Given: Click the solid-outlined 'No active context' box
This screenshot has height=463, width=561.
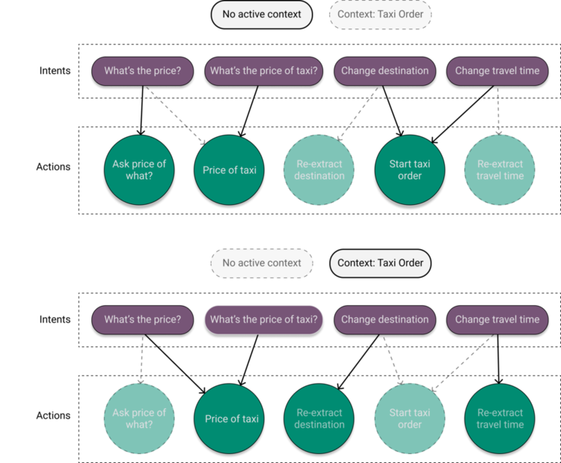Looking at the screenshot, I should tap(261, 14).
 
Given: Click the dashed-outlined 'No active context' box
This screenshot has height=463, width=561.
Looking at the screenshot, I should tap(262, 263).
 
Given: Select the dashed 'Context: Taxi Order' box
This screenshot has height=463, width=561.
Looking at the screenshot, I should tap(381, 14).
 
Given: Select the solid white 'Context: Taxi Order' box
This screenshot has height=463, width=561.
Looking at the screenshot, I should tap(381, 263).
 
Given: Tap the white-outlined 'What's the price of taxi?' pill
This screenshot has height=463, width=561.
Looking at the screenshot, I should tap(264, 319).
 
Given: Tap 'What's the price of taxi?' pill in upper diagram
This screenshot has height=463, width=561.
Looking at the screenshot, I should tap(264, 71).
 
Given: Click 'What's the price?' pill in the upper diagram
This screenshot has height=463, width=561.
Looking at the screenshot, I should tap(142, 71).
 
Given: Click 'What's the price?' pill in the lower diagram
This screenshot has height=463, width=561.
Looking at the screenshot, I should tap(142, 319).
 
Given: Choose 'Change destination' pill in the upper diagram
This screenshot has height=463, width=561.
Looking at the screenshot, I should tap(385, 71).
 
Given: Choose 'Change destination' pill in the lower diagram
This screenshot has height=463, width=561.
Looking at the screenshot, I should tap(385, 319).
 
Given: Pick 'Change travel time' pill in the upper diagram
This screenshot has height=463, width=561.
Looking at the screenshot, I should tap(497, 71).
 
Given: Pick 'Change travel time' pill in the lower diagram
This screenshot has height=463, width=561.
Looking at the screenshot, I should tap(497, 319).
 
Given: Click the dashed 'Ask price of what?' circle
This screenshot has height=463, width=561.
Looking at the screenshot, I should tap(139, 418).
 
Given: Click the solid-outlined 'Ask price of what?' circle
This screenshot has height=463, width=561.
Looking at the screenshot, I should tap(139, 170).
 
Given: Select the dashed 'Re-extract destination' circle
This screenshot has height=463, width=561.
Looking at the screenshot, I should tap(319, 170).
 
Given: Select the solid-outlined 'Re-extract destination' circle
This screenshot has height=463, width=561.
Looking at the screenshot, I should tap(319, 418).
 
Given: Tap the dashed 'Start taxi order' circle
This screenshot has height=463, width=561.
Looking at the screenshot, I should tap(410, 418).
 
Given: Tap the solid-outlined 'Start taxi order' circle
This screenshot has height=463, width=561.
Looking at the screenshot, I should tap(410, 170).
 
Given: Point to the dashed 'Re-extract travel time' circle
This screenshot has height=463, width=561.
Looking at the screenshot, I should tap(500, 170).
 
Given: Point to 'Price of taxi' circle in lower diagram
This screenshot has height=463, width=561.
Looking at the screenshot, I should tap(232, 418).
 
